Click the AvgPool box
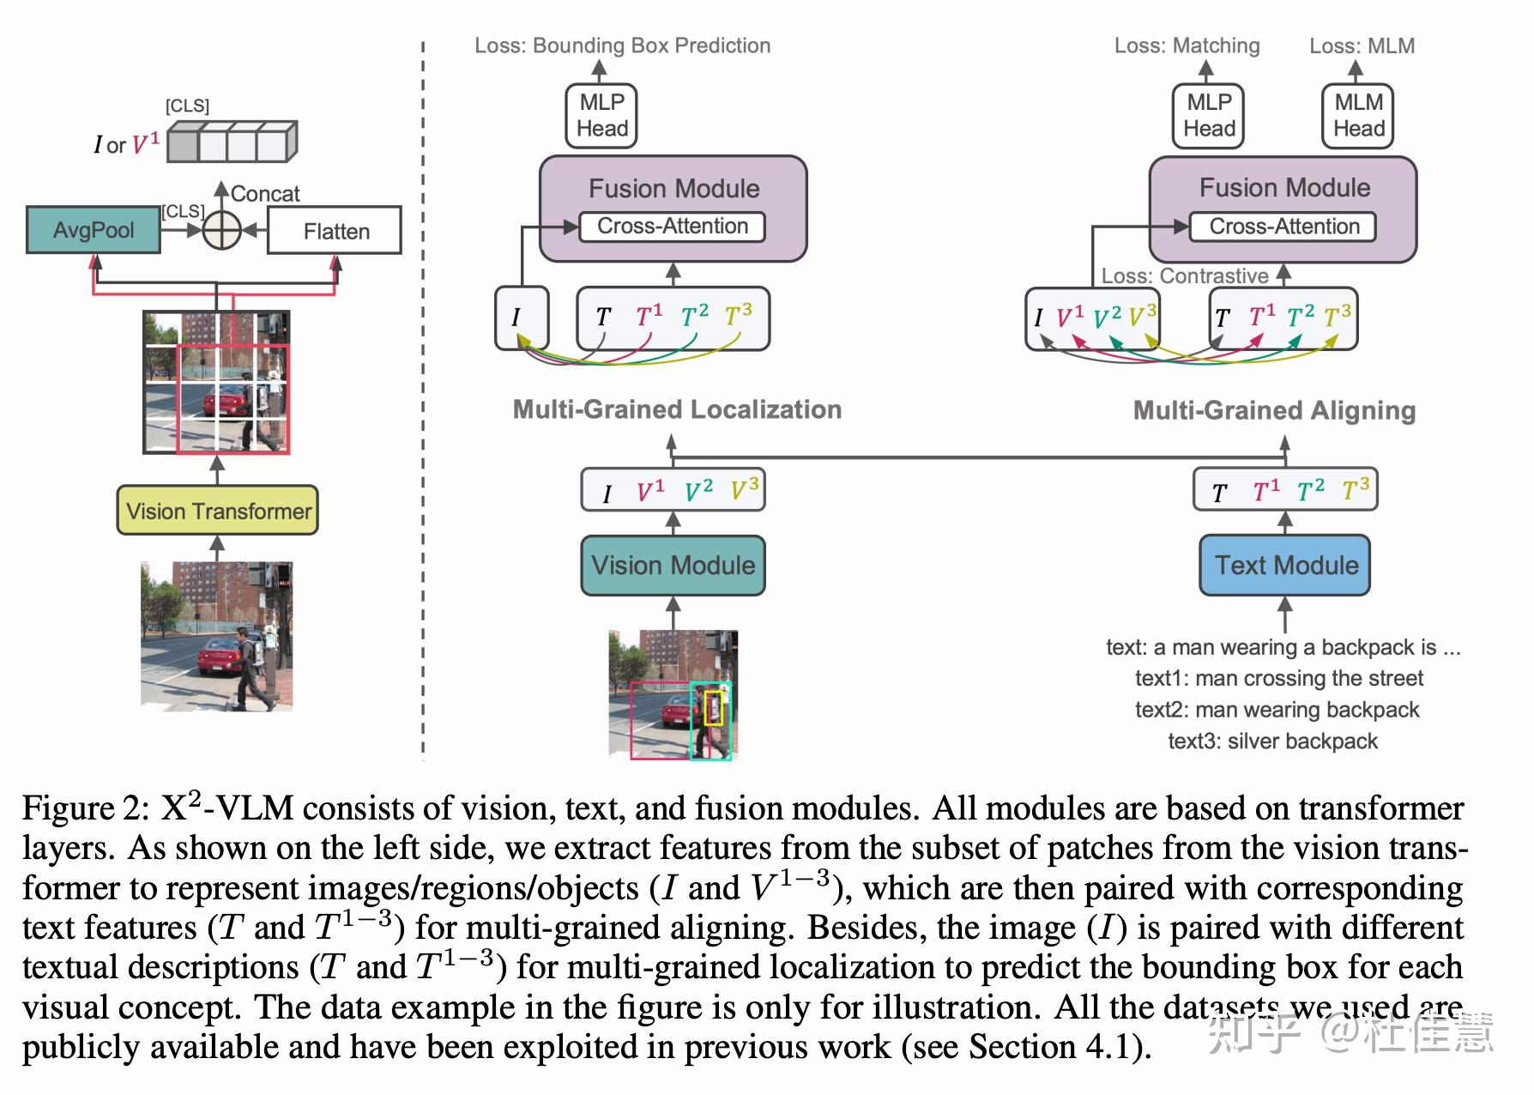(93, 230)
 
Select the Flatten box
(335, 231)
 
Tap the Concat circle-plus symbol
(221, 230)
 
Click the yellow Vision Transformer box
(218, 511)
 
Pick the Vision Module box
(673, 566)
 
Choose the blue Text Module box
(1284, 566)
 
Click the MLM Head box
(1358, 116)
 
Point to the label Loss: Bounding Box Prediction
(622, 45)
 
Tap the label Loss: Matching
(1187, 45)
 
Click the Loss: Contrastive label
(1184, 276)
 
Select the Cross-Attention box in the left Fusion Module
(673, 227)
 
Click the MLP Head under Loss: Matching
(1209, 116)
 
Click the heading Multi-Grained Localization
(677, 409)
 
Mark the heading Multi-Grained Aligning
(1274, 410)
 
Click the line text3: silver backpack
(1272, 741)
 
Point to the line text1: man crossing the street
(1278, 678)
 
